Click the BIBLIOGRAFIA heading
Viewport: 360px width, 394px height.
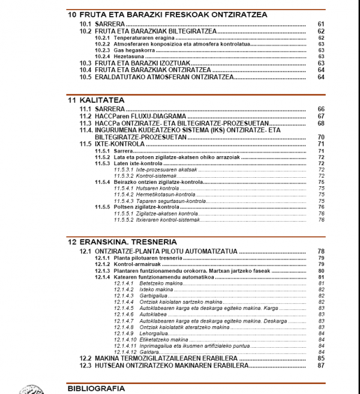click(96, 388)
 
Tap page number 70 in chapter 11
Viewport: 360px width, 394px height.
click(321, 137)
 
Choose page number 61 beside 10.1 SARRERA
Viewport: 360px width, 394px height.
click(321, 24)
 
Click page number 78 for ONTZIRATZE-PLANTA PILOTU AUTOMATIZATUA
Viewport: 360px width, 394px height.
click(321, 251)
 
